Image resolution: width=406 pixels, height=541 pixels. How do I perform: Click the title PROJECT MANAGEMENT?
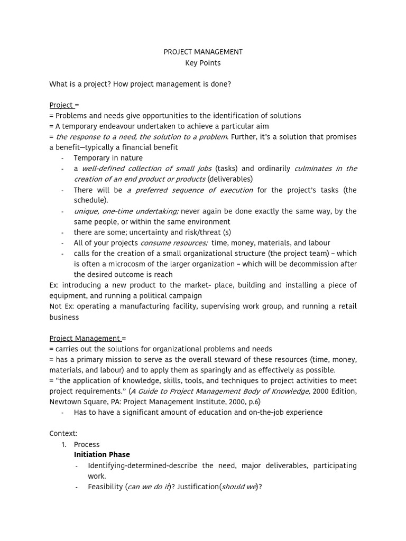pyautogui.click(x=203, y=52)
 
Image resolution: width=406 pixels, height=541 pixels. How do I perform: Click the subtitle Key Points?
pyautogui.click(x=203, y=63)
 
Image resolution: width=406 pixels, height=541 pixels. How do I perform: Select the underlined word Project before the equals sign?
pyautogui.click(x=61, y=105)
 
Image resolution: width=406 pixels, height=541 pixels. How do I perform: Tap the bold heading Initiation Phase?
pyautogui.click(x=101, y=454)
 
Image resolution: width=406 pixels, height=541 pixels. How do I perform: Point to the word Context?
pyautogui.click(x=63, y=433)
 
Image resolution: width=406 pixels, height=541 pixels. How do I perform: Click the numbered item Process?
pyautogui.click(x=86, y=444)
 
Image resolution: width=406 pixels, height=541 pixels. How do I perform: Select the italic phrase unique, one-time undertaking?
pyautogui.click(x=126, y=211)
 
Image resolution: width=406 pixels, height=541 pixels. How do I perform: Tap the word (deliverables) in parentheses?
pyautogui.click(x=230, y=179)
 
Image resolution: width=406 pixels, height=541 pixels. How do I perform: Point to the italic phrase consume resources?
pyautogui.click(x=174, y=242)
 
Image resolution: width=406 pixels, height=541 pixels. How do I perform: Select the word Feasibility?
pyautogui.click(x=106, y=487)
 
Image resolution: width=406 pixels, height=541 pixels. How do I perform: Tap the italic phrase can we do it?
pyautogui.click(x=149, y=487)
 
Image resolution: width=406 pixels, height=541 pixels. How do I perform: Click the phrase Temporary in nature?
pyautogui.click(x=108, y=158)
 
